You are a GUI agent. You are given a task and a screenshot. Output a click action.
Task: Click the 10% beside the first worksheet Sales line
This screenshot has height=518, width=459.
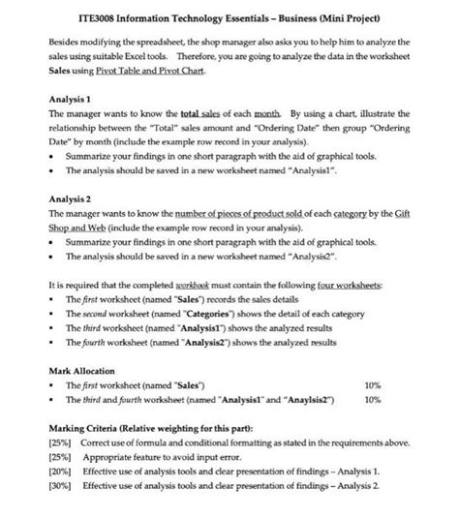(x=370, y=384)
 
